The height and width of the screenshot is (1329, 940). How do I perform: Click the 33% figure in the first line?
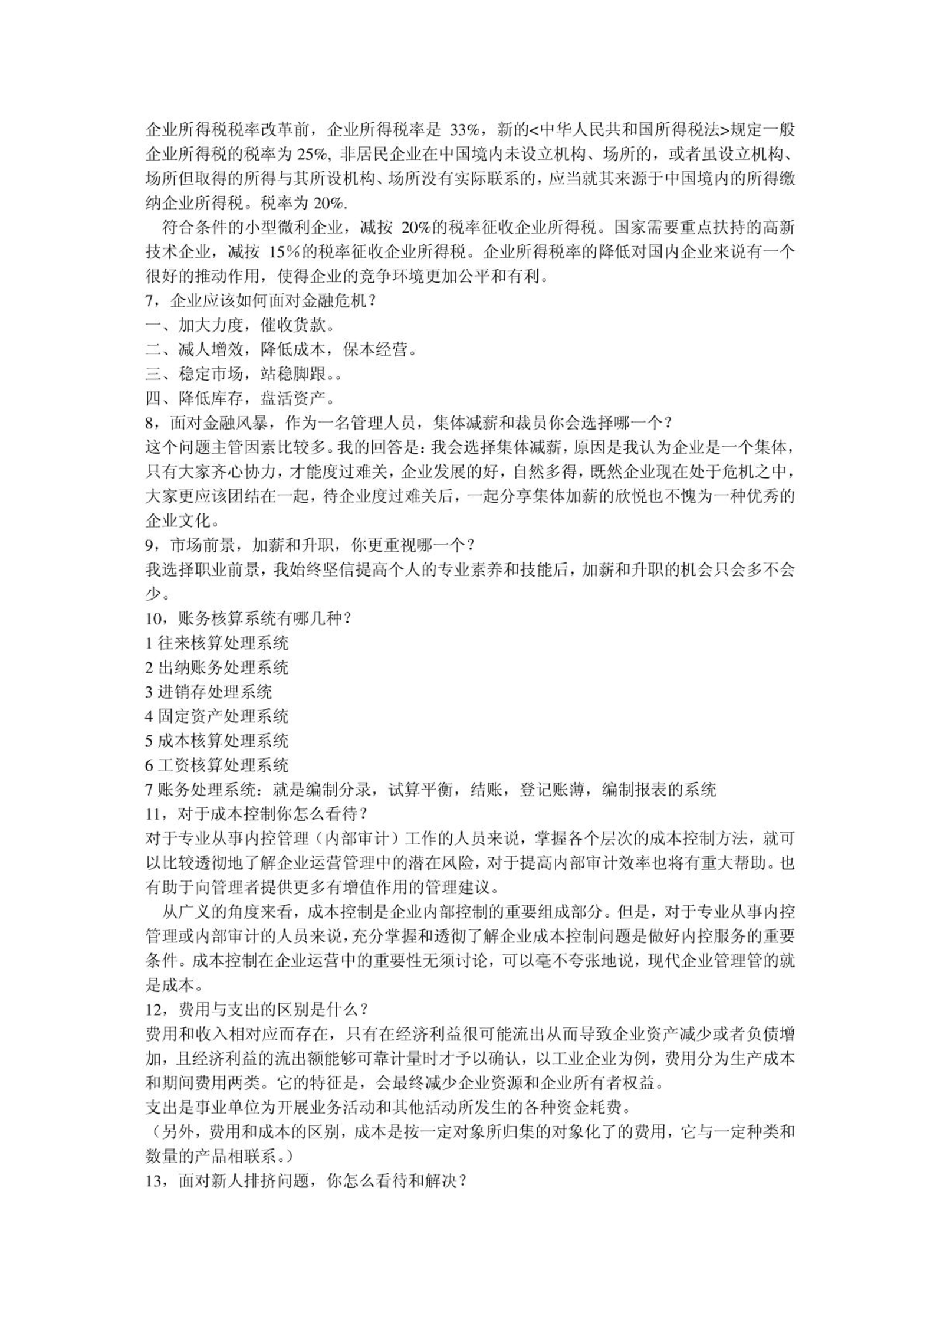(467, 130)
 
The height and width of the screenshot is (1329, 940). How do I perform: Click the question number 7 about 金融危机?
(150, 301)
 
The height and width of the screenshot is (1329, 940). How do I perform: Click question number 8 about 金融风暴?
(150, 423)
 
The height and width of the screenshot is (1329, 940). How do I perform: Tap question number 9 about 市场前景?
(150, 545)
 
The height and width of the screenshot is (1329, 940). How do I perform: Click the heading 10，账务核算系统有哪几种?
(248, 618)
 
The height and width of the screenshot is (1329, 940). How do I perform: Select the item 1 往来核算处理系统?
(216, 643)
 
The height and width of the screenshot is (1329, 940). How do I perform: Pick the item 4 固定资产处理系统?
(216, 716)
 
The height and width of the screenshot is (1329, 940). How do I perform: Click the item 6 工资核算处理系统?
(216, 765)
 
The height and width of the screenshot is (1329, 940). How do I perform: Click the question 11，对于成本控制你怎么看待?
(256, 814)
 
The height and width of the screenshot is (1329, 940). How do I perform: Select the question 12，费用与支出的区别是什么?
(256, 1010)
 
